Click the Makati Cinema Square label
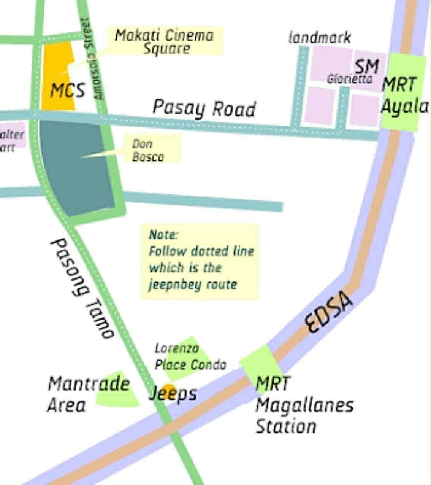(165, 41)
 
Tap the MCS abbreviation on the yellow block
(67, 91)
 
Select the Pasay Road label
(204, 108)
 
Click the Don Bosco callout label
(148, 150)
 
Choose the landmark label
(319, 38)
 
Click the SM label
(366, 67)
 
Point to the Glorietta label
(349, 79)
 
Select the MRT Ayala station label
(404, 95)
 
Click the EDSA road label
(329, 313)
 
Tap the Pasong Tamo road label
(82, 288)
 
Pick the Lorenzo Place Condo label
(190, 357)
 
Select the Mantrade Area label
(88, 394)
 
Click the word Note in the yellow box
(163, 234)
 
